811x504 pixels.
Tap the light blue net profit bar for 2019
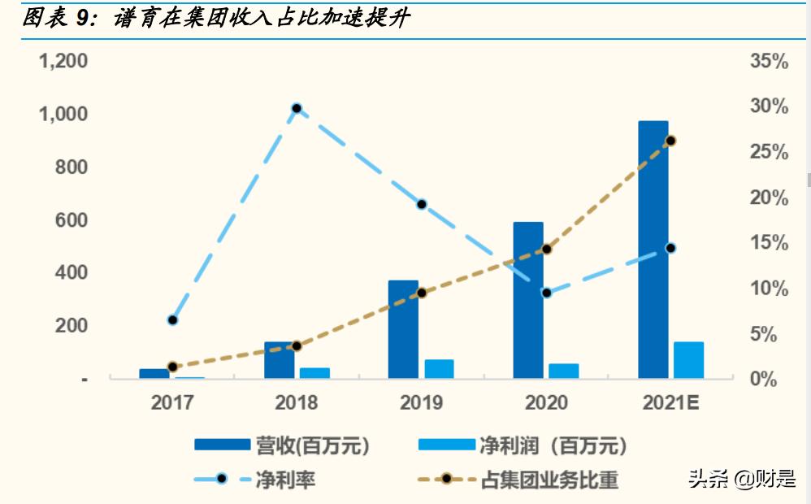click(439, 369)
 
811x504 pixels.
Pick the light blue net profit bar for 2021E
click(688, 360)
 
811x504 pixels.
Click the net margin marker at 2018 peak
click(297, 108)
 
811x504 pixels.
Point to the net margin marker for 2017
click(172, 320)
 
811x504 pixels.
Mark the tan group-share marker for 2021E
click(670, 141)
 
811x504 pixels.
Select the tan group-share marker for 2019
click(421, 293)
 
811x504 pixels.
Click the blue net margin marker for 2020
click(546, 293)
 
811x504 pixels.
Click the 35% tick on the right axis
click(769, 62)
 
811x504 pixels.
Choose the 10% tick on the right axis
click(769, 289)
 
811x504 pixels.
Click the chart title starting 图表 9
click(215, 18)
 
